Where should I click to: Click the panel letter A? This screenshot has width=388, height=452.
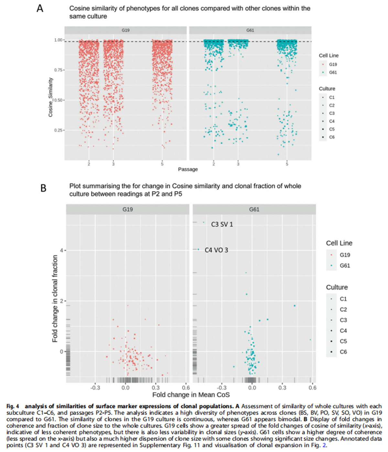pyautogui.click(x=40, y=8)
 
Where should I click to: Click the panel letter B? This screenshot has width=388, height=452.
pyautogui.click(x=43, y=188)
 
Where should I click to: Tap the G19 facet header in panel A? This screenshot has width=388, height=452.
pyautogui.click(x=125, y=30)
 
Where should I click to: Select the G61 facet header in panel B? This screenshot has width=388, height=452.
pyautogui.click(x=254, y=209)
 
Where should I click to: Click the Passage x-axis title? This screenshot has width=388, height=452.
pyautogui.click(x=188, y=169)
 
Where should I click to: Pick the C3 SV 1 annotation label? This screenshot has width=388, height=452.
pyautogui.click(x=222, y=224)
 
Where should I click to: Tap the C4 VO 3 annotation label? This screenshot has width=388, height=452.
pyautogui.click(x=216, y=250)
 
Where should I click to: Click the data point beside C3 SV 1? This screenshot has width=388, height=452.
pyautogui.click(x=203, y=222)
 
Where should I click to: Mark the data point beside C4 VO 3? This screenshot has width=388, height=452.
pyautogui.click(x=198, y=249)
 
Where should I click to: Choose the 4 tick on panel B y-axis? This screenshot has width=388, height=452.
pyautogui.click(x=61, y=250)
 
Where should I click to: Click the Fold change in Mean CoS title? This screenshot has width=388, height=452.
pyautogui.click(x=191, y=395)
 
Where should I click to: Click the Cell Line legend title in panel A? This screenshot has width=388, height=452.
pyautogui.click(x=329, y=56)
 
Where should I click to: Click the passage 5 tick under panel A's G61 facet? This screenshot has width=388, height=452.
pyautogui.click(x=287, y=164)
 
